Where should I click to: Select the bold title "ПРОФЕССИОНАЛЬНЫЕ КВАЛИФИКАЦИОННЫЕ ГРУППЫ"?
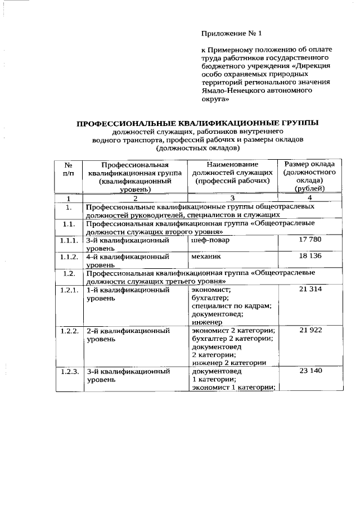pyautogui.click(x=197, y=123)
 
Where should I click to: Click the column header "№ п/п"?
pyautogui.click(x=68, y=169)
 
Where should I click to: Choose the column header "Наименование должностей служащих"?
pyautogui.click(x=232, y=173)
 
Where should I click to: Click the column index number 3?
pyautogui.click(x=232, y=199)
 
